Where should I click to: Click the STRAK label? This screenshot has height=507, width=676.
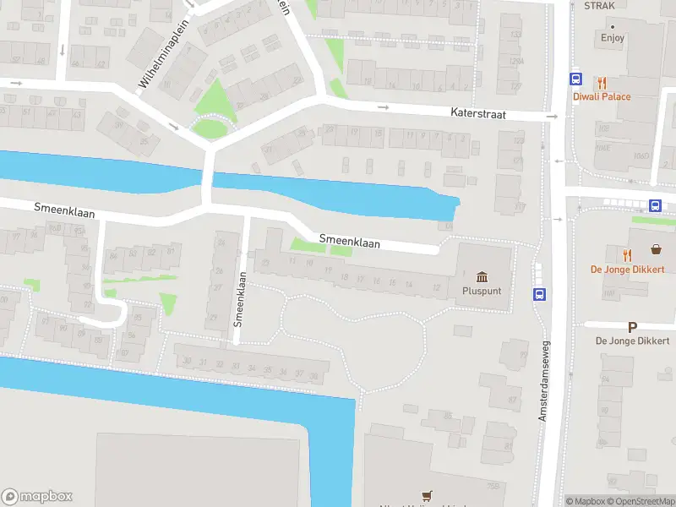599,6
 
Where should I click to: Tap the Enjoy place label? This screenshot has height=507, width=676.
613,37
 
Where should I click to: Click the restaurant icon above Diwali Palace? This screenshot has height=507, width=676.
602,83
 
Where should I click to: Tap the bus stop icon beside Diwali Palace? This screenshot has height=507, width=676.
575,79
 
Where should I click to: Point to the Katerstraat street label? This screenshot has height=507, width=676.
477,112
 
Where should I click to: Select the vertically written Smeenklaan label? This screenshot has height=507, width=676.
239,298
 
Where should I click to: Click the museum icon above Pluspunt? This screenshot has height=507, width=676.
482,277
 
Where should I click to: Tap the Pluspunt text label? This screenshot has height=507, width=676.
482,291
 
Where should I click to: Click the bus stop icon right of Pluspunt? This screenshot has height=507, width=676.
538,294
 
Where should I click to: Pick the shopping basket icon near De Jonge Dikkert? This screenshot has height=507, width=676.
656,249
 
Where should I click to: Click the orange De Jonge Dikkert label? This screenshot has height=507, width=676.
627,269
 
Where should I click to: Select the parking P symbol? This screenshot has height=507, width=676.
632,327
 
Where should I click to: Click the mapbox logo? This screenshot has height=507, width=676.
37,497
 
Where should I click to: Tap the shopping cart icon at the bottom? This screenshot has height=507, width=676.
427,496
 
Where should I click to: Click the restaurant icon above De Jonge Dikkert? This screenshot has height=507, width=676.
626,254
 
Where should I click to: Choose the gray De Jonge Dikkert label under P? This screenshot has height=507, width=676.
632,341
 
